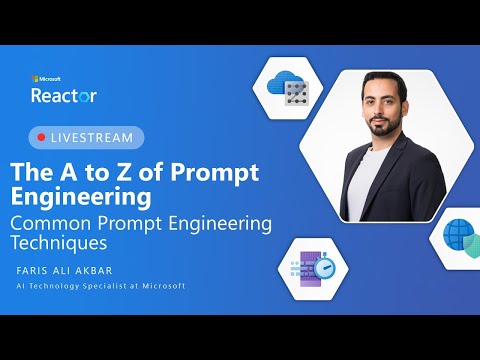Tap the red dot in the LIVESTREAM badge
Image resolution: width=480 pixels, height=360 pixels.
pyautogui.click(x=41, y=136)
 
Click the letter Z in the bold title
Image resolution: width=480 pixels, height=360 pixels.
pyautogui.click(x=118, y=171)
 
